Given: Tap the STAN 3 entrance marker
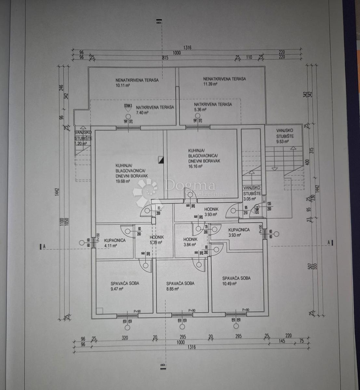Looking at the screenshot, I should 128,106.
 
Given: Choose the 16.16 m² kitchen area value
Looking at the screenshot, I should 195,166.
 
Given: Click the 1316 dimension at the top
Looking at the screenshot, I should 187,47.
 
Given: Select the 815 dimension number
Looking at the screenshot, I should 165,58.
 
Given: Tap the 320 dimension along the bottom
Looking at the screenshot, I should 125,337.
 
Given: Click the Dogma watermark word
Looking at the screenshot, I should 190,186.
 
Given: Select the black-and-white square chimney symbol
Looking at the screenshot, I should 161,160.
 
